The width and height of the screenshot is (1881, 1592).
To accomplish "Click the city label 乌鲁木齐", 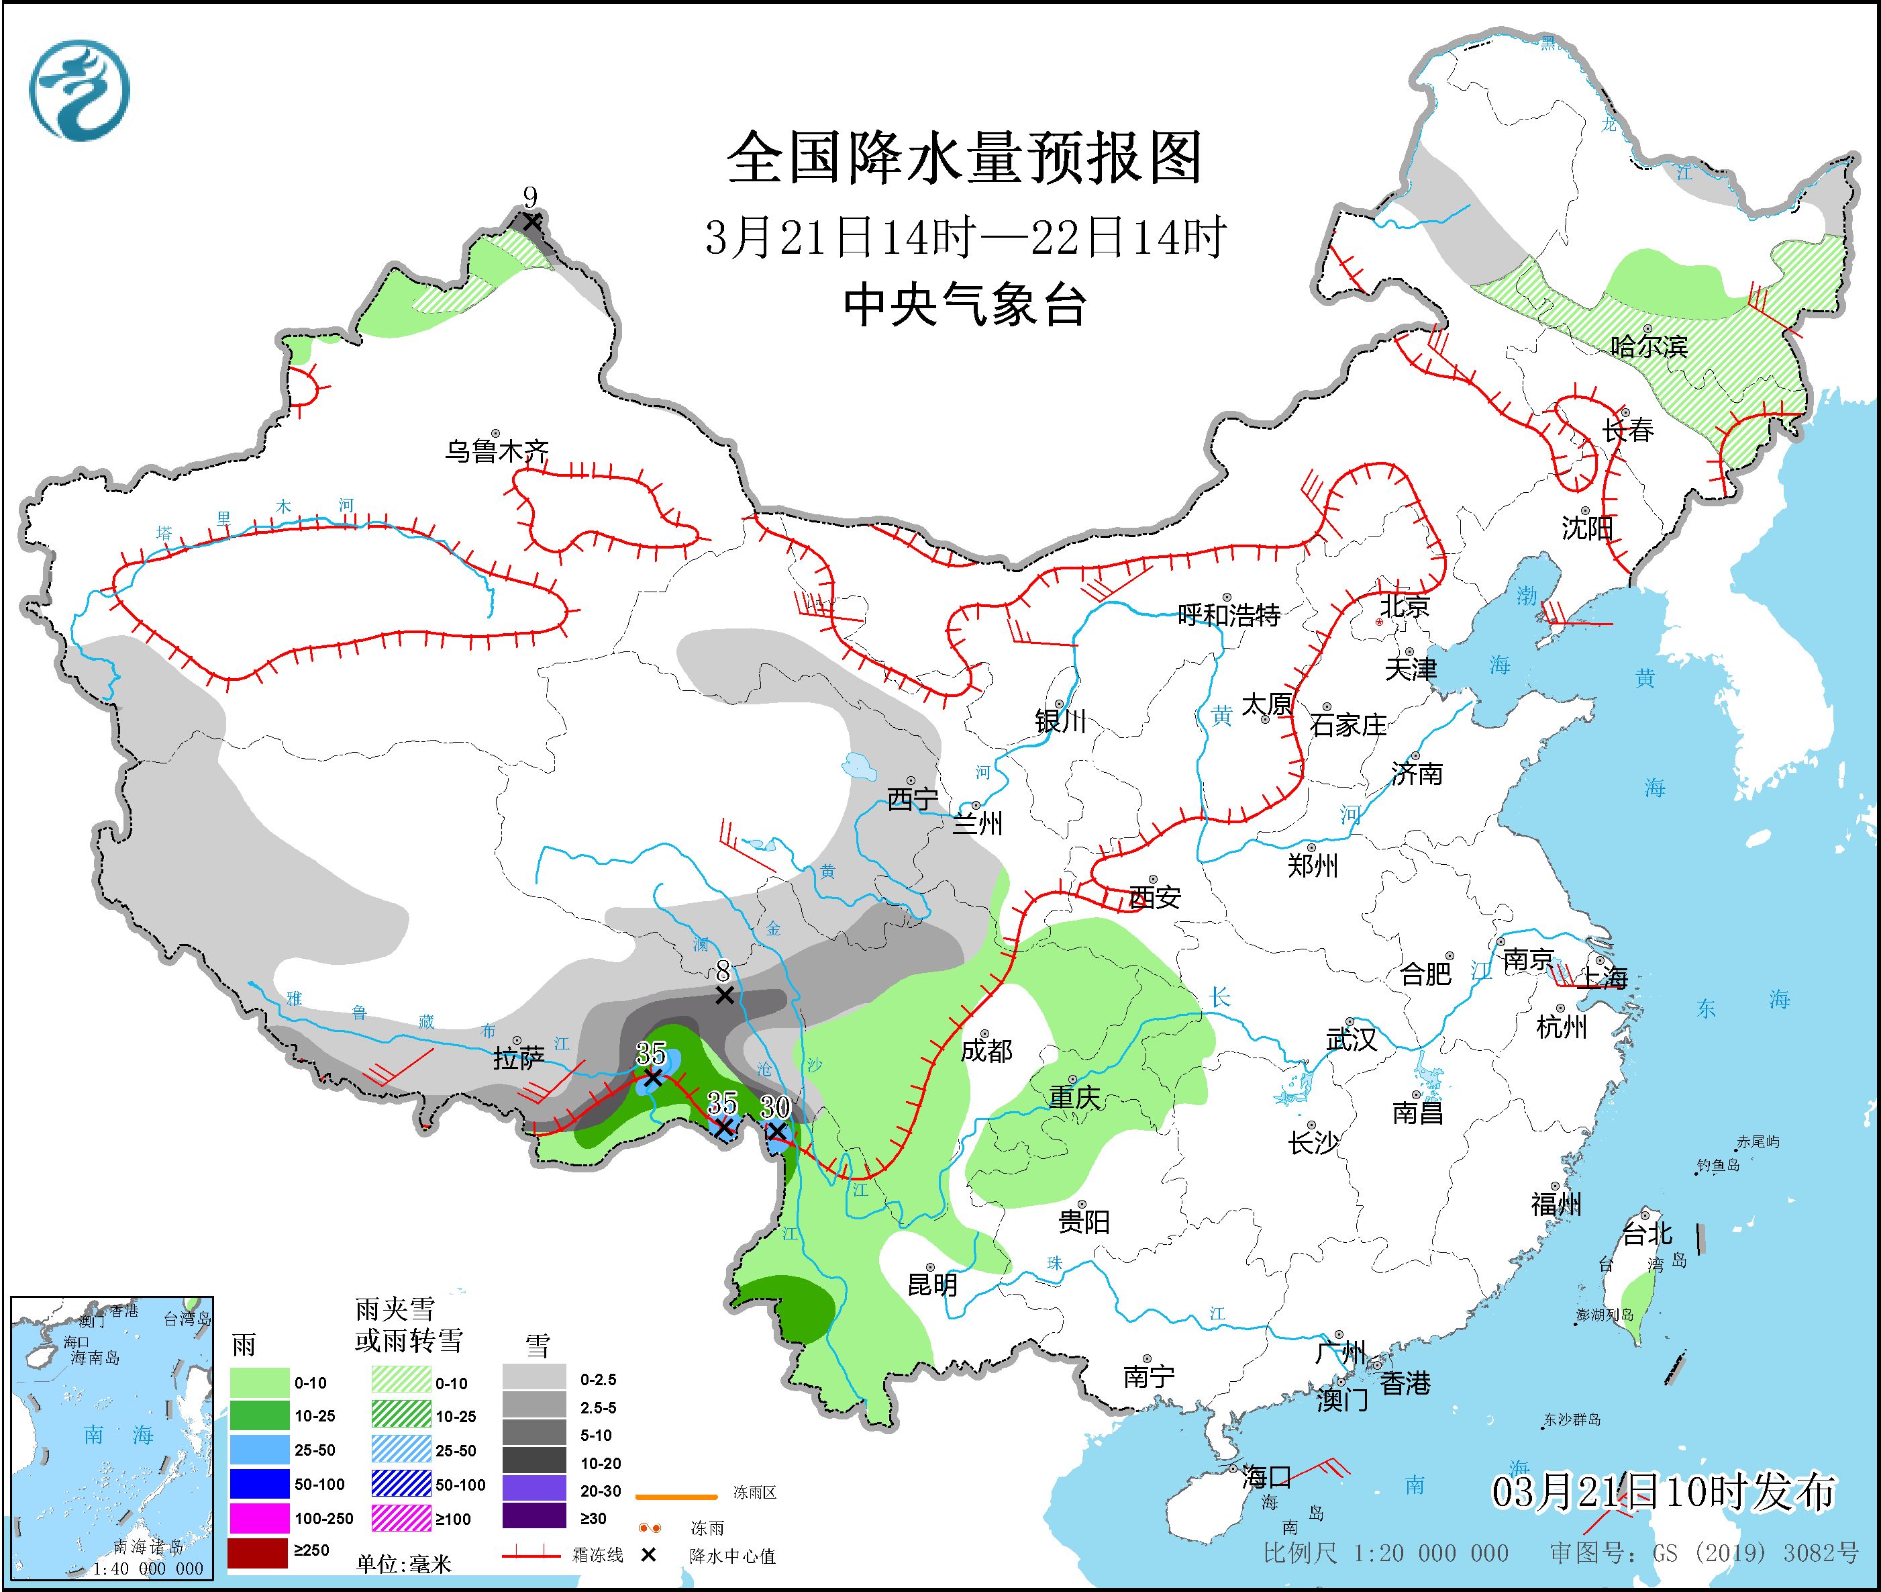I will point(496,451).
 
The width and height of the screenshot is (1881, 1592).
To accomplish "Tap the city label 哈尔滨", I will point(1648,346).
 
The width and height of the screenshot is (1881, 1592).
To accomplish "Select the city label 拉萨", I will point(519,1058).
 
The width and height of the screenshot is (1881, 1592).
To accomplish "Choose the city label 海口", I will point(1266,1477).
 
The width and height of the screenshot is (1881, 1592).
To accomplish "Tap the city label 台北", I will point(1647,1233).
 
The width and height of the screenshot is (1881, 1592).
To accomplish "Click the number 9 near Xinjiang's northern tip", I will point(530,197).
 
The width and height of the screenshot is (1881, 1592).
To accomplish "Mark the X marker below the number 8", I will point(723,994).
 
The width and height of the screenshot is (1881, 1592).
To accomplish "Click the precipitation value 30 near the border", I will point(775,1107).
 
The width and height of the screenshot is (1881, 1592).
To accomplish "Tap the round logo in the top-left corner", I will point(79,90).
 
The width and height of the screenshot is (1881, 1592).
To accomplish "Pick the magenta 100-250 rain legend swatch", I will point(258,1518).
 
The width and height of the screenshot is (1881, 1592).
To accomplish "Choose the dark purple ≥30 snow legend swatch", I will point(534,1516).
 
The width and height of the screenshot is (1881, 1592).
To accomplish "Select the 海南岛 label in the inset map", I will point(95,1358).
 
